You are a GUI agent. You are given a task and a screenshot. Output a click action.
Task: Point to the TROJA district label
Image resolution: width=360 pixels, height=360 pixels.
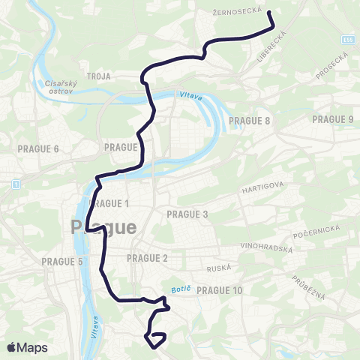pos(98,76)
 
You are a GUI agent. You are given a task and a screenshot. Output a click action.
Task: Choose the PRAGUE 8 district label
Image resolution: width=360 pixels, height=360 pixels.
pos(251,120)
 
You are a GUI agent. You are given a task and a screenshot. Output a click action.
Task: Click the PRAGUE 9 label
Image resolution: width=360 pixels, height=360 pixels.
pos(332,119)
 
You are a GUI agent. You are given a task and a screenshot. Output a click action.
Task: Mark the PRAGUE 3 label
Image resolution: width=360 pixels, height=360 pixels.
pos(187,214)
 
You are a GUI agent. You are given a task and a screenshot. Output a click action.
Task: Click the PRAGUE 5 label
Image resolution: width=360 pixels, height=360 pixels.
pos(62,262)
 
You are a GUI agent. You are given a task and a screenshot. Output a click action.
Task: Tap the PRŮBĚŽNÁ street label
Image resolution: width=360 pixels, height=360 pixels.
pos(308,285)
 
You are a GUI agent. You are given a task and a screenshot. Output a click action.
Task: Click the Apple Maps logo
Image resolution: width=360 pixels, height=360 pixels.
pos(28,347)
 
